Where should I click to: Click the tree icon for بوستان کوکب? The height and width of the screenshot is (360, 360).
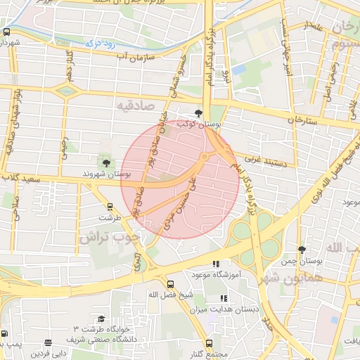pyautogui.click(x=200, y=112)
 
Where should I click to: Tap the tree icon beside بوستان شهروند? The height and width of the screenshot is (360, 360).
pyautogui.click(x=106, y=163)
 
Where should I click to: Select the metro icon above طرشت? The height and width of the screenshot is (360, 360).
pyautogui.click(x=110, y=207)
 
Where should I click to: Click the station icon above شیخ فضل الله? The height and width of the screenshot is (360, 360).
pyautogui.click(x=170, y=284)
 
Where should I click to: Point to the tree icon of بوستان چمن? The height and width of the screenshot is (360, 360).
pyautogui.click(x=302, y=250)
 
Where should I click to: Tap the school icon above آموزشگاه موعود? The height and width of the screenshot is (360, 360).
pyautogui.click(x=224, y=264)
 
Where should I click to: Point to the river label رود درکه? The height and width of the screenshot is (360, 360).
pyautogui.click(x=100, y=43)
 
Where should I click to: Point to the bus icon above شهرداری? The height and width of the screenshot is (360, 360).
pyautogui.click(x=6, y=32)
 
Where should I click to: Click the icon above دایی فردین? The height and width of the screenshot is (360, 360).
pyautogui.click(x=48, y=343)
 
